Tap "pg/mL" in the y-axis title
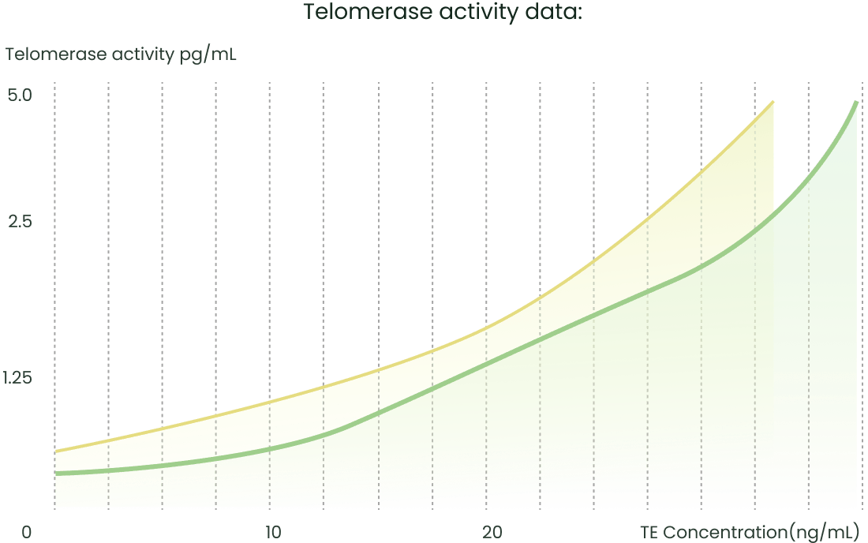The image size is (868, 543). point(208,56)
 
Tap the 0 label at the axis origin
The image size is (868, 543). point(27,533)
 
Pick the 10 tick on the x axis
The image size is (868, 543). point(273,533)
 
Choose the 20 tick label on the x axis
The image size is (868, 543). point(492,533)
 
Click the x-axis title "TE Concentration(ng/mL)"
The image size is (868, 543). point(749,533)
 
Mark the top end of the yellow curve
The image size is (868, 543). point(773,102)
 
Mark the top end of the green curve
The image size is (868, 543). point(856,102)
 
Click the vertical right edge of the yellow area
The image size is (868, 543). point(773,158)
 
